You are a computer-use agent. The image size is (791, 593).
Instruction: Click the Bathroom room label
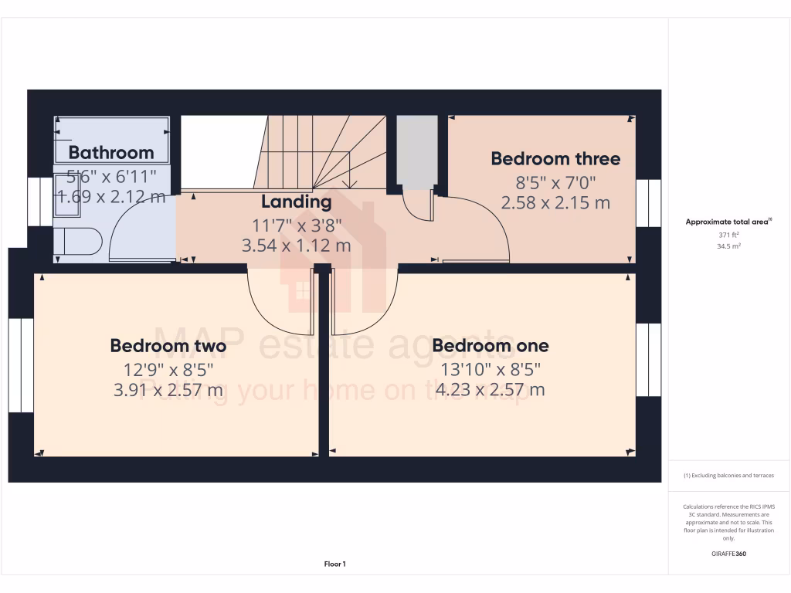pyautogui.click(x=111, y=152)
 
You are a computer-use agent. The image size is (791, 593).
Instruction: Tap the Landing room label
pyautogui.click(x=296, y=202)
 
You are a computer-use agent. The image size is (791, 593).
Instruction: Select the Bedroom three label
pyautogui.click(x=555, y=159)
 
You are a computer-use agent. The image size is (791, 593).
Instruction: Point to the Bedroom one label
pyautogui.click(x=491, y=345)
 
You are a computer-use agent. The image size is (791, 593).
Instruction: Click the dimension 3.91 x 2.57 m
pyautogui.click(x=168, y=390)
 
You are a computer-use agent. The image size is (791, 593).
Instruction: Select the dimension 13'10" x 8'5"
pyautogui.click(x=491, y=369)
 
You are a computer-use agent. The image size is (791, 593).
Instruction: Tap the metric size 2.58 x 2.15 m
pyautogui.click(x=555, y=203)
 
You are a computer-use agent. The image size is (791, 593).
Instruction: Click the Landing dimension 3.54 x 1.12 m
pyautogui.click(x=296, y=246)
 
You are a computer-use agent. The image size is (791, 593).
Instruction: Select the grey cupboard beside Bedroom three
pyautogui.click(x=416, y=152)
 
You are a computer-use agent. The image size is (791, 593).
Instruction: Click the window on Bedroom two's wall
pyautogui.click(x=26, y=365)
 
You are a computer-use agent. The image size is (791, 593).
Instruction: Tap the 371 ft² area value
pyautogui.click(x=729, y=235)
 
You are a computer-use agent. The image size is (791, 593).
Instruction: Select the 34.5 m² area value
pyautogui.click(x=729, y=246)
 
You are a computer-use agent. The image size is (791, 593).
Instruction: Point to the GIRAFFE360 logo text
pyautogui.click(x=729, y=554)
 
